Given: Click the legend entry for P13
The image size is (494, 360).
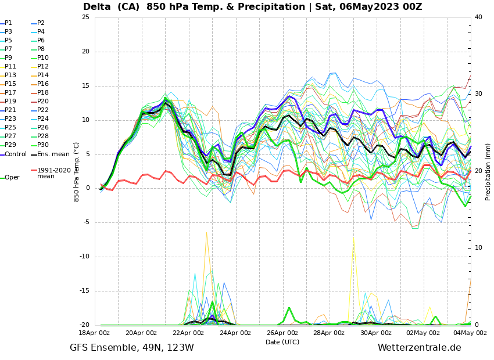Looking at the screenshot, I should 10,75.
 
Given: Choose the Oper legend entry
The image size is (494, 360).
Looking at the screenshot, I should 12,177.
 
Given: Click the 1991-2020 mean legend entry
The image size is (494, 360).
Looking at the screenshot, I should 53,173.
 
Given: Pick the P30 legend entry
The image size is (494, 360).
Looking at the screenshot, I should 43,145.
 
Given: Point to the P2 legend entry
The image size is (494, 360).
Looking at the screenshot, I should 41,23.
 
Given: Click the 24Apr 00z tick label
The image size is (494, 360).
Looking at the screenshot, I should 235,333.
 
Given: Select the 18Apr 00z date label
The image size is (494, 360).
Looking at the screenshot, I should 94,333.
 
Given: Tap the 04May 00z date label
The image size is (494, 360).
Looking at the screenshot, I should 470,333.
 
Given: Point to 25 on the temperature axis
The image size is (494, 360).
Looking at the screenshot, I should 85,17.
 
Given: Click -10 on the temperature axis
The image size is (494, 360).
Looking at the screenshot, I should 84,257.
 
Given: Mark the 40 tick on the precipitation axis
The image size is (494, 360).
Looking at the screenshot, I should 478,17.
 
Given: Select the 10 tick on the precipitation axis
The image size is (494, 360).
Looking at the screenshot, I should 478,248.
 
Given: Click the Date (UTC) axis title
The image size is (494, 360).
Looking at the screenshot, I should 282,342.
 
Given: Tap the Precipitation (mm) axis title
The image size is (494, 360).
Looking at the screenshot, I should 488,171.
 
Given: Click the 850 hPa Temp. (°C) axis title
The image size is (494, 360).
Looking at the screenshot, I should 77,171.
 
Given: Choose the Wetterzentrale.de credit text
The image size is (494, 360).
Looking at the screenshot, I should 419,348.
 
